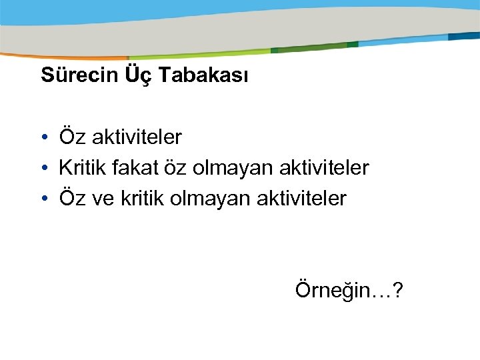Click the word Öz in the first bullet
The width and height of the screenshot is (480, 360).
tap(71, 137)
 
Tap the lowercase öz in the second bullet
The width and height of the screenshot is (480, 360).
tap(175, 168)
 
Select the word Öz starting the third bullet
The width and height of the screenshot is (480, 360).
tap(71, 198)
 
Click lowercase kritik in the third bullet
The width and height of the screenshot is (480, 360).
tap(140, 198)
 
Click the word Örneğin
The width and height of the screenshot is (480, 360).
tap(328, 291)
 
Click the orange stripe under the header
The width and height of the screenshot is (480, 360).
tap(67, 57)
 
